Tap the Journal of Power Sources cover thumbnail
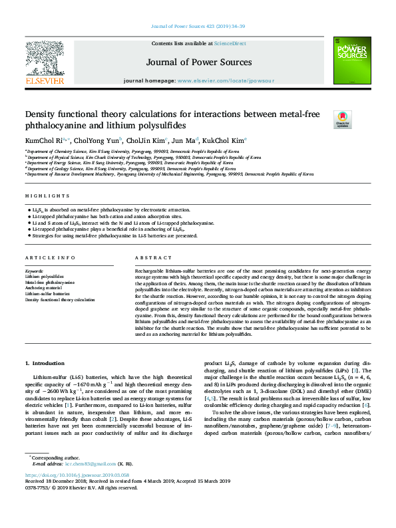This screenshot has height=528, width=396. pos(351,60)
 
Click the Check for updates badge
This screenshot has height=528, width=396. pos(323,120)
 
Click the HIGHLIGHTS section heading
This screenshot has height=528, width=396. pos(47,196)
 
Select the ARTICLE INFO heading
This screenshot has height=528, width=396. pos(50,257)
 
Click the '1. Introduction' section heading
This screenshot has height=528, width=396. pos(45,363)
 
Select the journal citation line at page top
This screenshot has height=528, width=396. pos(198,26)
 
